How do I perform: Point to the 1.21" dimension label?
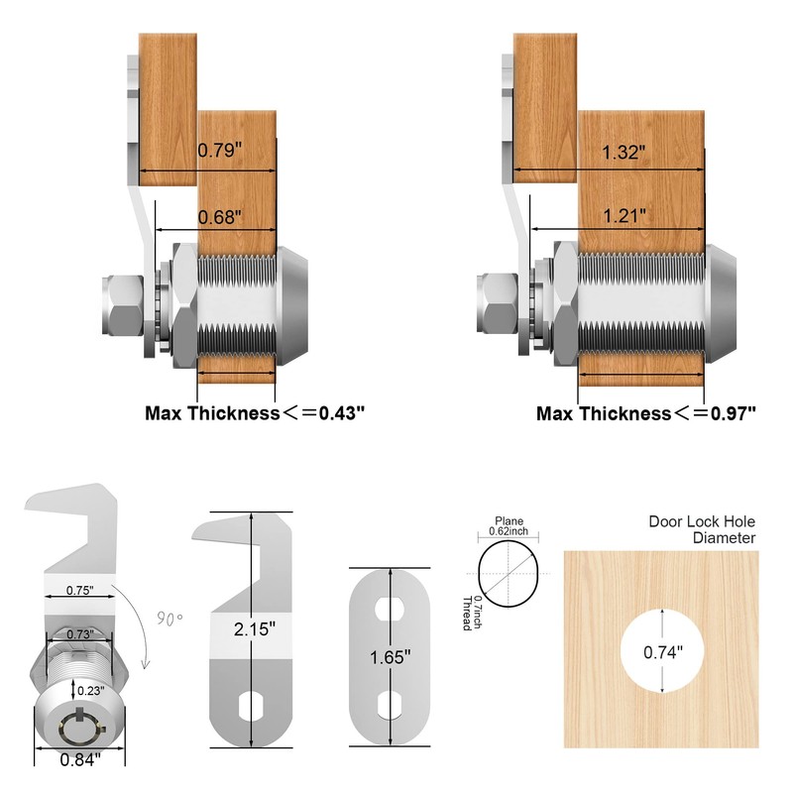tap(624, 214)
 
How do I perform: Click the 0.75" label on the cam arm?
tap(80, 590)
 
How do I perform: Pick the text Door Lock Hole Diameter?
tap(702, 529)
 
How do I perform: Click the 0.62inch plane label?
tap(510, 531)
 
